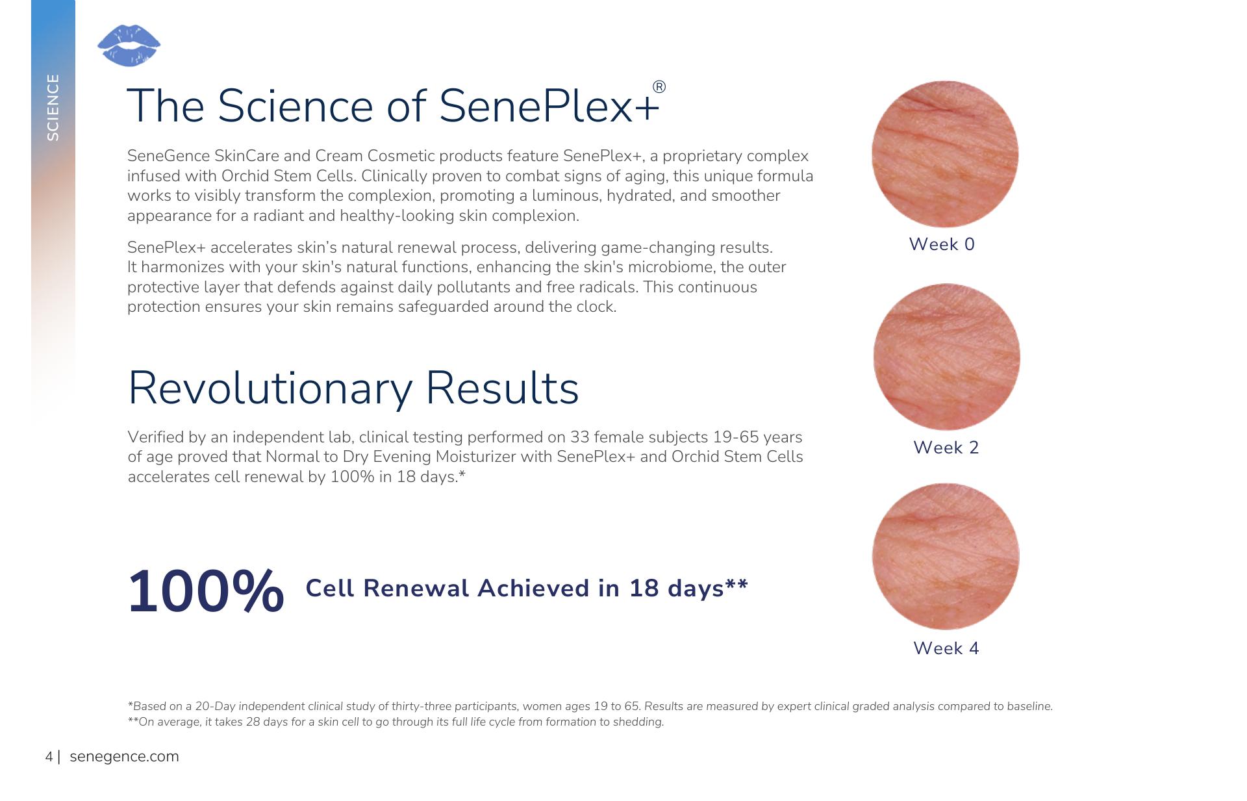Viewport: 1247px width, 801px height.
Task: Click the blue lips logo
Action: point(129,45)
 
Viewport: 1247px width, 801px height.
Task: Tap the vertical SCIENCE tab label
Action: point(53,107)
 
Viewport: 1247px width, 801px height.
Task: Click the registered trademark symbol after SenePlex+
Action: point(659,87)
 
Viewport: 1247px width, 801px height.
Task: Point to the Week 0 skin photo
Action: point(944,154)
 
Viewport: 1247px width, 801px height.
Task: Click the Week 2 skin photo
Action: point(946,357)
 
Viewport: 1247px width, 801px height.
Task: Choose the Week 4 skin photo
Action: point(946,556)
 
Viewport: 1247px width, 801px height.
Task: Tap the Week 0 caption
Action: point(942,244)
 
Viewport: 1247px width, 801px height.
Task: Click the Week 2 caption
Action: point(946,448)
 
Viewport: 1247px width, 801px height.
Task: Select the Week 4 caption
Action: point(946,648)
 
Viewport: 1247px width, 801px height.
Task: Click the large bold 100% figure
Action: point(206,591)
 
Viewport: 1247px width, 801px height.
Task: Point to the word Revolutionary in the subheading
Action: point(270,388)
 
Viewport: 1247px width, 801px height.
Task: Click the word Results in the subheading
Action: point(502,388)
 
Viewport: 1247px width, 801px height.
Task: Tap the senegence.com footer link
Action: point(124,757)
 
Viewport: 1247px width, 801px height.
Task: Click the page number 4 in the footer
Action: point(49,757)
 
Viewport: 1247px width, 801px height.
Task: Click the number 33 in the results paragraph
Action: point(579,437)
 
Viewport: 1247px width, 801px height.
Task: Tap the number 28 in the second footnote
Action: point(253,722)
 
